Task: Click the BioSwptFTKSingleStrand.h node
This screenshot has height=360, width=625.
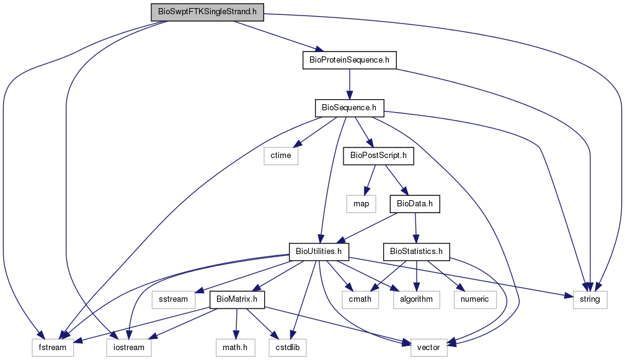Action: (207, 12)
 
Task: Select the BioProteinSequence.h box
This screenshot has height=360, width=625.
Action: (350, 60)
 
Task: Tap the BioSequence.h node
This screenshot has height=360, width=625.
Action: (349, 108)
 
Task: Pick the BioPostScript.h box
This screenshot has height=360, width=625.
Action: (379, 156)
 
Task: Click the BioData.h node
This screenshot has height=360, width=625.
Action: (415, 204)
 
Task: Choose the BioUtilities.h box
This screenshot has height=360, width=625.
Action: (319, 252)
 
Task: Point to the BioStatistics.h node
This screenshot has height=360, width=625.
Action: (417, 252)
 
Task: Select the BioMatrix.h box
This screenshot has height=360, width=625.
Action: (237, 299)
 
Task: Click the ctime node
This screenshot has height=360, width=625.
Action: (281, 156)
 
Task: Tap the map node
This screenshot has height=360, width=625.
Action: (361, 204)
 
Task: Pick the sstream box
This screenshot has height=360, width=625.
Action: (174, 299)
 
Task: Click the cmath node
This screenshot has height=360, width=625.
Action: (360, 299)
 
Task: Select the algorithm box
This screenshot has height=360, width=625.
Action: (417, 299)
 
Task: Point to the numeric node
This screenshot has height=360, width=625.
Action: (475, 299)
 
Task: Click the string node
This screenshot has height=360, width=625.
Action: (590, 299)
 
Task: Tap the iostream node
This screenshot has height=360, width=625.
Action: (129, 348)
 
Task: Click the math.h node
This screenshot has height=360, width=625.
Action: (235, 348)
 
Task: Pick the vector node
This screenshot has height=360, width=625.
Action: (428, 348)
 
